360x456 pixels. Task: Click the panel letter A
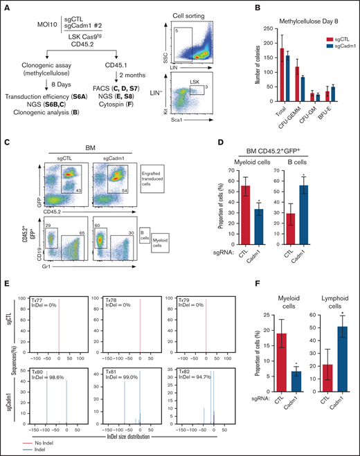coord(8,6)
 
